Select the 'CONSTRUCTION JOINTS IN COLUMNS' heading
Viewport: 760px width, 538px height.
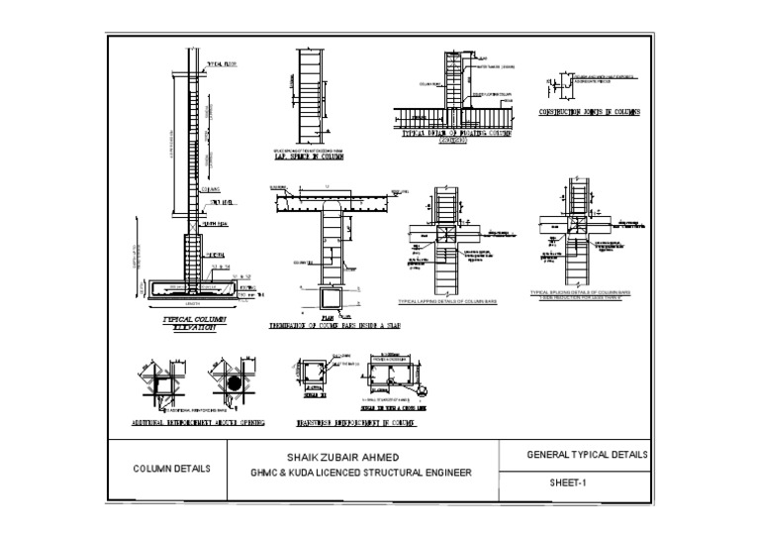589,112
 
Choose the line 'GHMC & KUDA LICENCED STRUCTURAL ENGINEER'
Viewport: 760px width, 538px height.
361,473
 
